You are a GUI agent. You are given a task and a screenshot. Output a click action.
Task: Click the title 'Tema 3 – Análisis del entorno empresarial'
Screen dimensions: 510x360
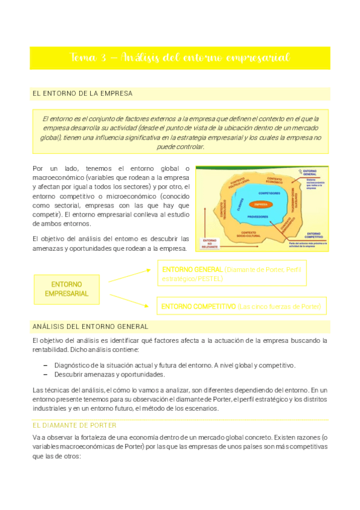(x=180, y=58)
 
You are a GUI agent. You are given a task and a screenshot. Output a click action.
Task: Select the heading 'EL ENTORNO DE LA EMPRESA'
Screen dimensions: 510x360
(x=82, y=94)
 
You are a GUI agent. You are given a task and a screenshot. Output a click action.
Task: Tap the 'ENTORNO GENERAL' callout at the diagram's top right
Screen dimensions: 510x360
(x=311, y=174)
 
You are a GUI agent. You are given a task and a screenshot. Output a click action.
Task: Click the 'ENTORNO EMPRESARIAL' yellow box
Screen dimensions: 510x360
(x=67, y=289)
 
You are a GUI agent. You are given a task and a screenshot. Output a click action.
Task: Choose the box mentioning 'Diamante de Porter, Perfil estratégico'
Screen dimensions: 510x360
(x=231, y=274)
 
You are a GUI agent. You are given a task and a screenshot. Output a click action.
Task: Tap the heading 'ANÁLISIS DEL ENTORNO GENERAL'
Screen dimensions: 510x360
(x=90, y=327)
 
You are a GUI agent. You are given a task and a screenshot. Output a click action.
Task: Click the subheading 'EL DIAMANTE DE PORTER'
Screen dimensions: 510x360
(x=74, y=425)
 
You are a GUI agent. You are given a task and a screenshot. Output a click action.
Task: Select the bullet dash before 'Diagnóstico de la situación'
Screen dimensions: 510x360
(x=46, y=365)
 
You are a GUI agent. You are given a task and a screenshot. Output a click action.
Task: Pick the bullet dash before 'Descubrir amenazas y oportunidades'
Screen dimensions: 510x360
(x=46, y=374)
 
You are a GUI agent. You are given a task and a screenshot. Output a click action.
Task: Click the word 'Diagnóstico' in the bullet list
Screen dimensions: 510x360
(x=72, y=365)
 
